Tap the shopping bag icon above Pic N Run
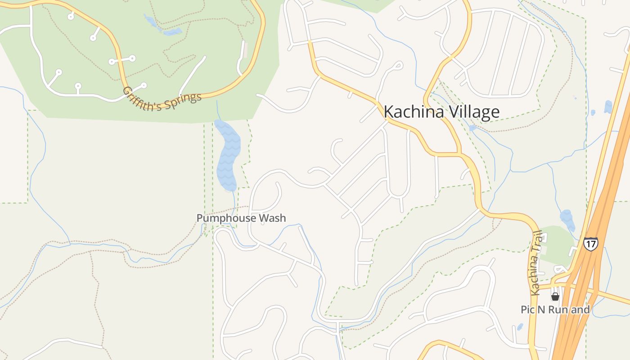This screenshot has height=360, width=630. pos(555,297)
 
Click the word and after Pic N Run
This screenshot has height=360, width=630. pos(581,310)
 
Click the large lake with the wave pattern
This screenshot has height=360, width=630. pos(228,155)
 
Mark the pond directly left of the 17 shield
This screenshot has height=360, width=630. pos(567,220)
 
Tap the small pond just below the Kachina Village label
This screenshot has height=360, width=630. pos(472,128)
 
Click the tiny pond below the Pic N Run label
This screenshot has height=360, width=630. pos(520,327)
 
